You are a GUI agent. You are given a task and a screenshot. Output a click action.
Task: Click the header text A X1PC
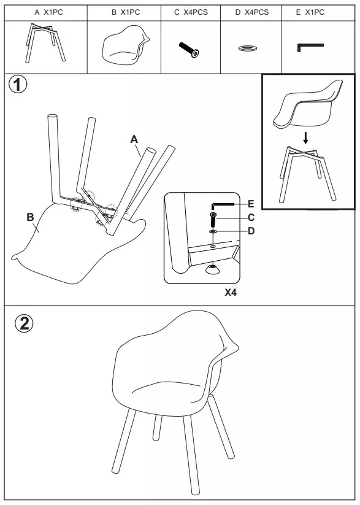coord(49,12)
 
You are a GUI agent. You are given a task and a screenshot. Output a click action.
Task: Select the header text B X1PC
coord(126,12)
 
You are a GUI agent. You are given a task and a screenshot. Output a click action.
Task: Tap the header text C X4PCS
coord(191,12)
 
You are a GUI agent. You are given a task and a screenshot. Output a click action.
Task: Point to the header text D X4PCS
coord(252,12)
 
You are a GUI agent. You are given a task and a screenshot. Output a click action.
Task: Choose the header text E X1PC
coord(310,12)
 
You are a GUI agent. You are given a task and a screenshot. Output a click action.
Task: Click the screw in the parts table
coord(189,50)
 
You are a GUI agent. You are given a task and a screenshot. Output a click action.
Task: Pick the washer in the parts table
coord(248,48)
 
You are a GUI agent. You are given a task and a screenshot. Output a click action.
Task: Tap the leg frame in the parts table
coord(45,42)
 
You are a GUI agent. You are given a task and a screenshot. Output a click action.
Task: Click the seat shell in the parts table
coord(126,43)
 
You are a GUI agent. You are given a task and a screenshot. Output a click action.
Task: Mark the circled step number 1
coord(18,85)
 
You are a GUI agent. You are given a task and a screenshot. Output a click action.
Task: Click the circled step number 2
coord(24,323)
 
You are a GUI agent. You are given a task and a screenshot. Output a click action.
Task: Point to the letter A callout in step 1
coord(134,139)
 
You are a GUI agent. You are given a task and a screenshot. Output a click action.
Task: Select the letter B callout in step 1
coord(30,217)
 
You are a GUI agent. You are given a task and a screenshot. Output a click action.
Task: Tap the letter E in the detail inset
coord(251,204)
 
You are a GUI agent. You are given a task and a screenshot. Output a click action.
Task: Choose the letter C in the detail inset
coord(251,218)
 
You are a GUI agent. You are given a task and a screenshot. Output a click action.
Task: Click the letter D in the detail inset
coord(251,231)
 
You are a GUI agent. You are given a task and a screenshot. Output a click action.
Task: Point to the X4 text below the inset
coord(231,293)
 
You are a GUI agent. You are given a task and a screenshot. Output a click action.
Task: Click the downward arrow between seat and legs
coord(305,137)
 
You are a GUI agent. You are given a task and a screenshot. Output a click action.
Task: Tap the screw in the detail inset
coord(213,220)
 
